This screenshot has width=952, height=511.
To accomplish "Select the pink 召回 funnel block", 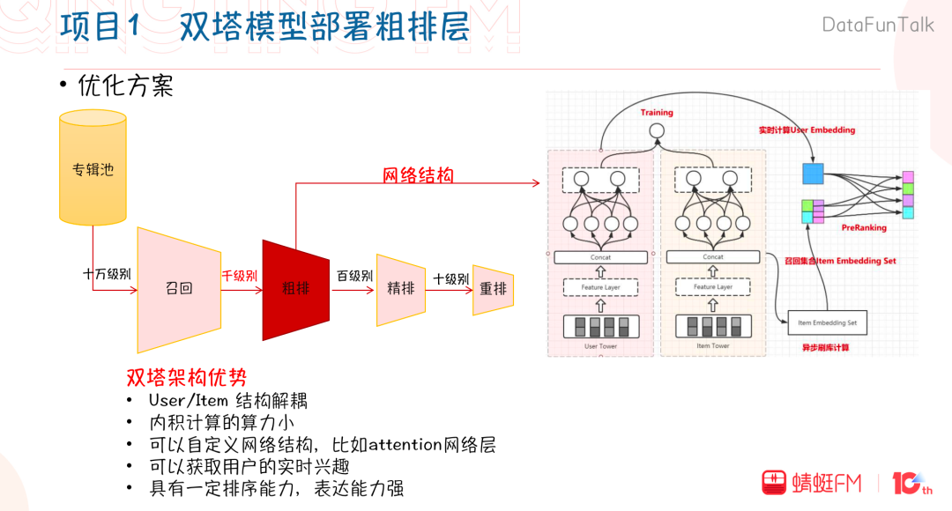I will pos(178,289).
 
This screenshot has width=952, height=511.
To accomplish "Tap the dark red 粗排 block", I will pos(296,289).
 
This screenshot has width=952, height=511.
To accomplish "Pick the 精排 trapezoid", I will pos(401,289).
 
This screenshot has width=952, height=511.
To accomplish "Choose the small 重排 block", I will pos(493,289).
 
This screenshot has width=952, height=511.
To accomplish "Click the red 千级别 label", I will pos(239,276).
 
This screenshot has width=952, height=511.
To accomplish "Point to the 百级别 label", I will pos(354,276).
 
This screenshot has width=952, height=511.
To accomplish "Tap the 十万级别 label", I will pos(107,274).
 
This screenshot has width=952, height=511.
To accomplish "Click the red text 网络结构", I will pos(418,175).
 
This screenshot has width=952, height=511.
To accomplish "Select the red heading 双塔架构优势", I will pos(186,378).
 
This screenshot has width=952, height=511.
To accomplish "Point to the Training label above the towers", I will pos(656,113).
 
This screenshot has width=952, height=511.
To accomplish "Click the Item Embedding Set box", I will pos(828,323).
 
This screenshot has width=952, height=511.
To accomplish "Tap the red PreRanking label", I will pos(864,228).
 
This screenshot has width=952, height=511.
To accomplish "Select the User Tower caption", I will pos(601,346).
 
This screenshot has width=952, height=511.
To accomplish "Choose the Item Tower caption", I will pos(713,346).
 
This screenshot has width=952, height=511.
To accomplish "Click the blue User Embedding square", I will pos(812,174).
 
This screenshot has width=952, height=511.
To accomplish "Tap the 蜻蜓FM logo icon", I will pos(775,482).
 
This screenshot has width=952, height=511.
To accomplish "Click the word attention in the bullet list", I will pos(406,444).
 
